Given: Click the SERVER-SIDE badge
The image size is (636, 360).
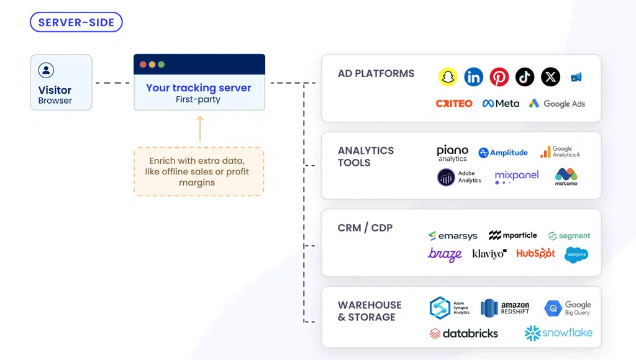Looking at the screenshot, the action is tap(76, 22).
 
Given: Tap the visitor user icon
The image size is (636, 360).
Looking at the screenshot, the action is tap(46, 70).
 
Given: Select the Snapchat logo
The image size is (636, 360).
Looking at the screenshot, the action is tap(448, 77).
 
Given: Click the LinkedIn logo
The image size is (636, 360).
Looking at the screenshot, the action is tap(473, 77).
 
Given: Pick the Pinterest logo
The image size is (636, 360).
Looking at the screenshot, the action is tap(499, 77).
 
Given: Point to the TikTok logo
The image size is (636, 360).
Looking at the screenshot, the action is tap(525, 77).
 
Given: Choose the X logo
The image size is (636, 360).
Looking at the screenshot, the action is tap(550, 77).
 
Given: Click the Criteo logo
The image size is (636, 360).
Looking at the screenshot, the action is tap(454, 104).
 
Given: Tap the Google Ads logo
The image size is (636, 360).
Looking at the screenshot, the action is tap(557, 104).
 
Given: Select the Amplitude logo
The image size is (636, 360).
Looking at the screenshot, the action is tap(503, 153).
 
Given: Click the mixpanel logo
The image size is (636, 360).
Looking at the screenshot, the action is tap(516, 177).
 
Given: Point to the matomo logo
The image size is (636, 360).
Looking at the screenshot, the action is tap(566, 177).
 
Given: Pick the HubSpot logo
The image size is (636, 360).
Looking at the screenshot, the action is tap(535, 253).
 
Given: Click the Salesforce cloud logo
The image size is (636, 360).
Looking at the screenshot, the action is tap(576, 254).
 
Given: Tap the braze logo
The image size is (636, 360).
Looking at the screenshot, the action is tap(445, 254).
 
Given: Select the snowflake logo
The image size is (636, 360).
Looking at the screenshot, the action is tap(558, 333).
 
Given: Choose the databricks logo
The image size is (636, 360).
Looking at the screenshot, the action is tap(463, 333).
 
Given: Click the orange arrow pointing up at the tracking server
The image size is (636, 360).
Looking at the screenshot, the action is tap(199, 128).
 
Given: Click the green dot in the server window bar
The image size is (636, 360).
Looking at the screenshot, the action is tap(161, 65).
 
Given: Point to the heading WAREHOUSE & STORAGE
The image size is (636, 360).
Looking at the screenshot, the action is tap(370, 311).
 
